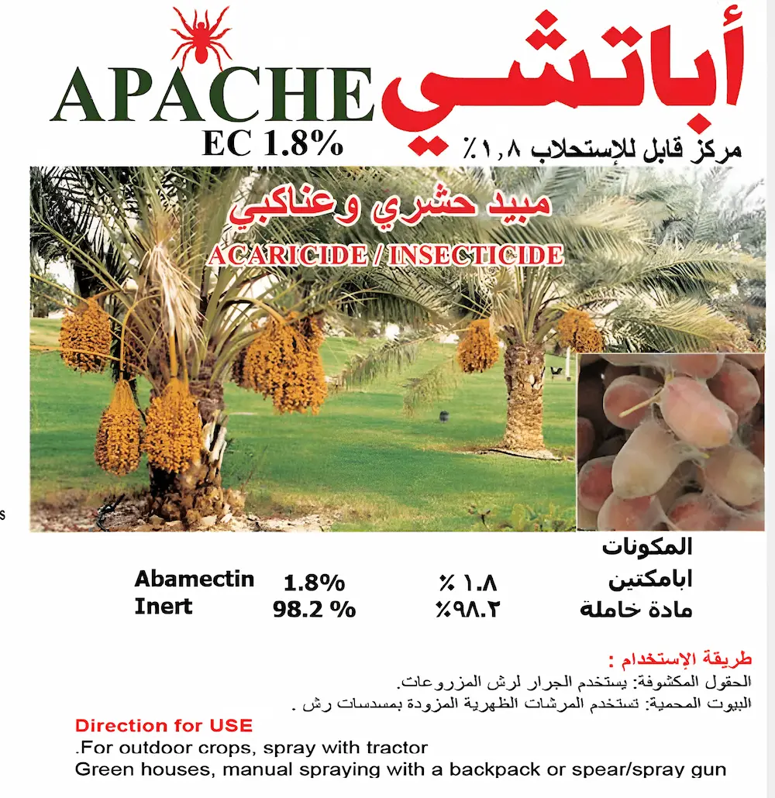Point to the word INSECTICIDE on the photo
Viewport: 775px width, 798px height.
click(476, 255)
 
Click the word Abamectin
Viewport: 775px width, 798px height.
click(194, 579)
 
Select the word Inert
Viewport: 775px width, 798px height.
click(163, 606)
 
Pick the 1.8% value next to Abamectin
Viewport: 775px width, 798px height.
click(314, 582)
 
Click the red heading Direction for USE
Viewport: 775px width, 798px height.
click(164, 726)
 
